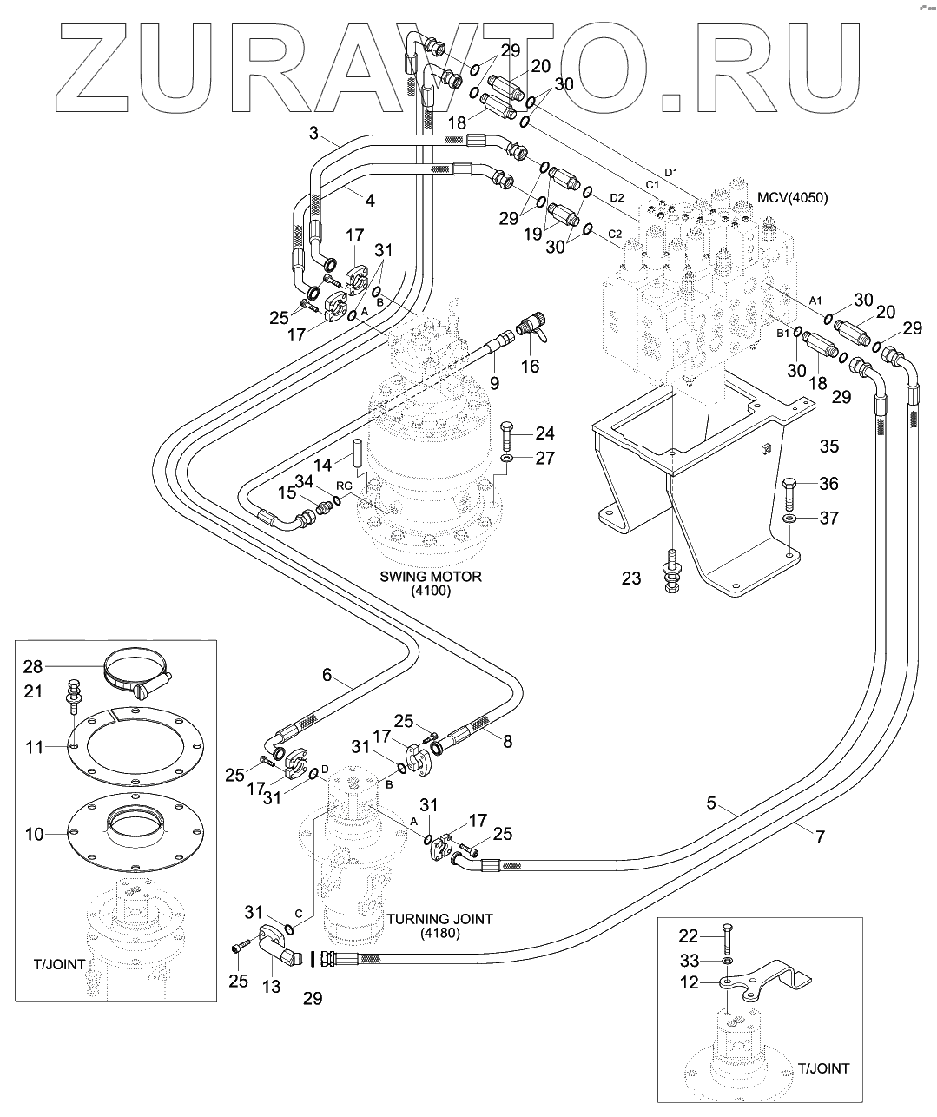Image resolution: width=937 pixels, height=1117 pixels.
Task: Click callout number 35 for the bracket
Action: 829,447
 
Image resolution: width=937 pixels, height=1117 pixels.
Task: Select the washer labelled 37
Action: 789,519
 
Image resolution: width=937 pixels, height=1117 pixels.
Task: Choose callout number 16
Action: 530,366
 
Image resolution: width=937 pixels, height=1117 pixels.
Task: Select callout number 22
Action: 689,935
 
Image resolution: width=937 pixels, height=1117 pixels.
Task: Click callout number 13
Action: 272,987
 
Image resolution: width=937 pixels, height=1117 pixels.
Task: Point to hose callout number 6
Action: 327,673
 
